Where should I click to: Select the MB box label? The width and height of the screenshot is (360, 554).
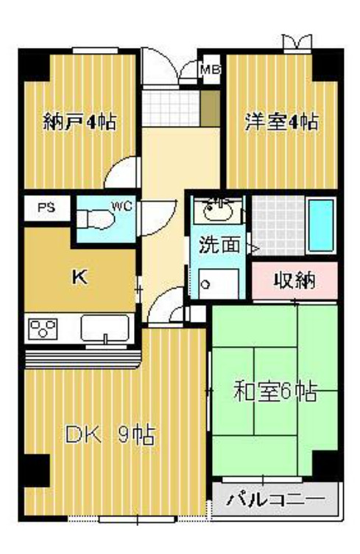pos(211,71)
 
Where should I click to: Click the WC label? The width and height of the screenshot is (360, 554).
pos(121,206)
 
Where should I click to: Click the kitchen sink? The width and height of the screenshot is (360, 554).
pos(105,329)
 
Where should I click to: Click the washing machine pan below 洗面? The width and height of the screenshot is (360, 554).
pos(219,283)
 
